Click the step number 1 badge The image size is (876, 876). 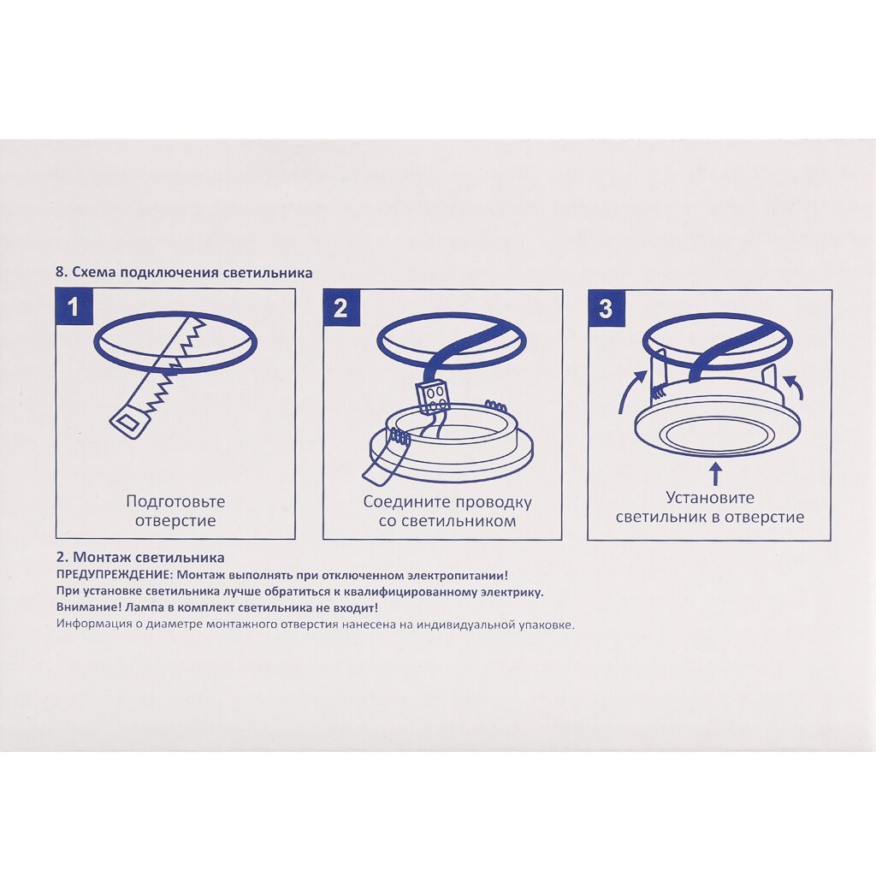[74, 307]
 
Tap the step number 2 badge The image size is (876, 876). [341, 308]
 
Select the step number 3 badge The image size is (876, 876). [607, 308]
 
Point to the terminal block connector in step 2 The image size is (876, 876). [434, 397]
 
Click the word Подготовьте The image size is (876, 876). [175, 501]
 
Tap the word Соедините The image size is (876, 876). [407, 501]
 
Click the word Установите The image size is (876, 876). [709, 497]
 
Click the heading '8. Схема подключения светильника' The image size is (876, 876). [184, 273]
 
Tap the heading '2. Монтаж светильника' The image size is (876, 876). [141, 557]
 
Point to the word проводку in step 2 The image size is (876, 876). [494, 502]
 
